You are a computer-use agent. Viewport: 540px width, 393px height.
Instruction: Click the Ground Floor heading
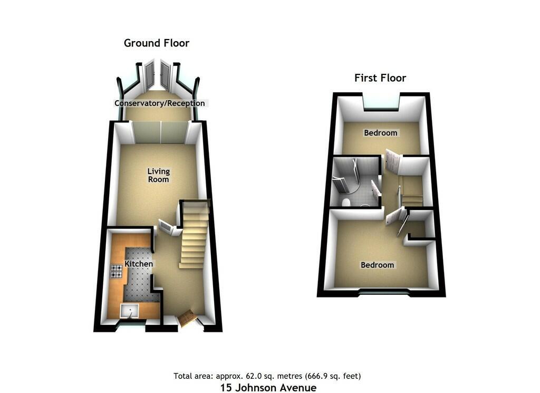click(x=156, y=43)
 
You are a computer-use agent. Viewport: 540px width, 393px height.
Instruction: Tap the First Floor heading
click(x=380, y=78)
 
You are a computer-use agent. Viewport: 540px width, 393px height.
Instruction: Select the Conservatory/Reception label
click(x=159, y=103)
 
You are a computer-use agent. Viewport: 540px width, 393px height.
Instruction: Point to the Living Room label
click(x=158, y=175)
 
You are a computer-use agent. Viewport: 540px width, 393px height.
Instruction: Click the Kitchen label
click(x=139, y=264)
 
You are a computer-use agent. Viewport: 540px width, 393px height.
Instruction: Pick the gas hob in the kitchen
click(x=116, y=271)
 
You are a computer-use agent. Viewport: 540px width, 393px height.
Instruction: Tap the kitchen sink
click(x=130, y=311)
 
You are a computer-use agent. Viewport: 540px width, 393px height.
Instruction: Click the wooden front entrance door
click(x=187, y=318)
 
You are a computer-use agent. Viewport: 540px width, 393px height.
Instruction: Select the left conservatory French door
click(x=150, y=75)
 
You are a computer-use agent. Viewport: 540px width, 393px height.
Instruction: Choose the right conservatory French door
click(x=165, y=75)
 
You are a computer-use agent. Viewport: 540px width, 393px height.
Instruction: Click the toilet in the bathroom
click(x=346, y=202)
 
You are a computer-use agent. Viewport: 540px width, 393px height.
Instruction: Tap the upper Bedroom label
click(x=381, y=132)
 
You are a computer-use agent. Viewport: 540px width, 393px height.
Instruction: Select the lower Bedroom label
click(x=378, y=265)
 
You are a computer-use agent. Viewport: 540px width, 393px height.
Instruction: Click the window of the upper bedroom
click(x=381, y=104)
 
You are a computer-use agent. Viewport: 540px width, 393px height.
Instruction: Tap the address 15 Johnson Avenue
click(x=268, y=388)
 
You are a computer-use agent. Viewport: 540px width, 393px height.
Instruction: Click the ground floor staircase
click(x=194, y=234)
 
